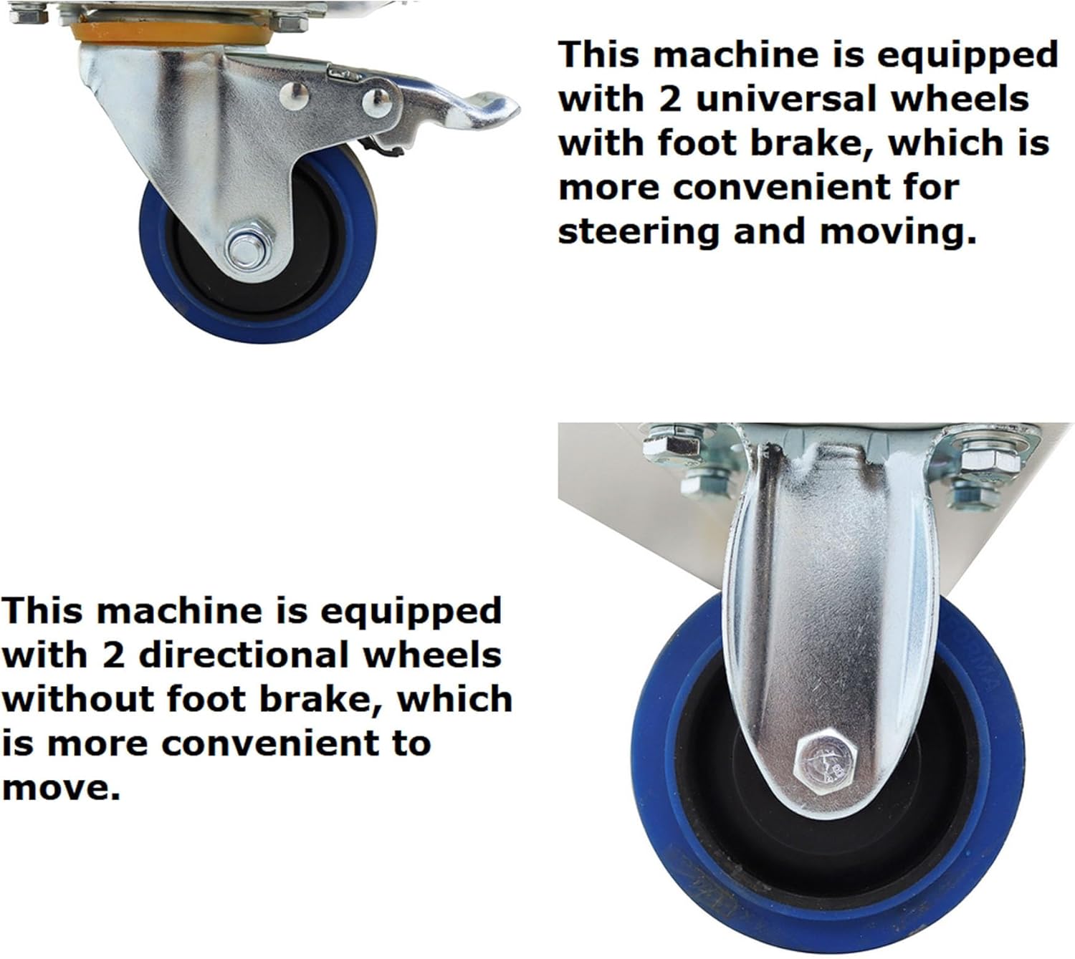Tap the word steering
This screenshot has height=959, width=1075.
(639, 233)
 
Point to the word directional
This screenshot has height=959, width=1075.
(244, 655)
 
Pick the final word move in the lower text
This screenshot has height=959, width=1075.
(60, 789)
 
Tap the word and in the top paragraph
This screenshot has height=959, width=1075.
(770, 232)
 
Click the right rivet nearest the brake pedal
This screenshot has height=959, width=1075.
(377, 101)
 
